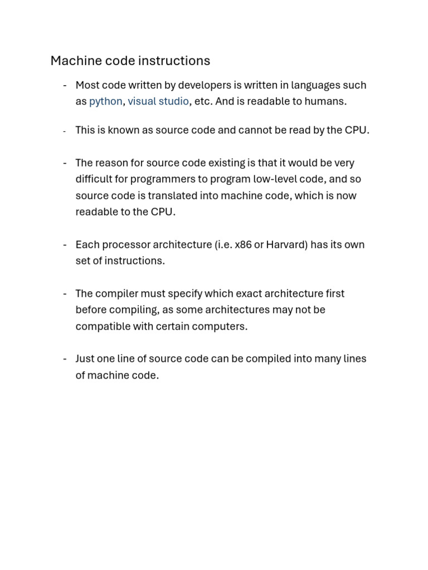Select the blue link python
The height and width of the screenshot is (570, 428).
pyautogui.click(x=105, y=101)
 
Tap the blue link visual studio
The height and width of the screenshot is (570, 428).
pyautogui.click(x=158, y=101)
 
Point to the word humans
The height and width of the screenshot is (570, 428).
pyautogui.click(x=327, y=101)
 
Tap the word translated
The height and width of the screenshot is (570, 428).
pyautogui.click(x=160, y=195)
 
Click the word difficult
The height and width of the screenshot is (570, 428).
pyautogui.click(x=94, y=179)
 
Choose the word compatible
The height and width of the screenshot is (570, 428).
pyautogui.click(x=102, y=326)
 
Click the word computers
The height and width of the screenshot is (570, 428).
pyautogui.click(x=222, y=326)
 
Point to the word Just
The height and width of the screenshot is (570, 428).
pyautogui.click(x=85, y=358)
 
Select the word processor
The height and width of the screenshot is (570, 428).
pyautogui.click(x=124, y=244)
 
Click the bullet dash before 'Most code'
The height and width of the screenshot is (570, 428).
pyautogui.click(x=65, y=85)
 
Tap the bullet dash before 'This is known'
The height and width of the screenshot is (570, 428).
pyautogui.click(x=65, y=131)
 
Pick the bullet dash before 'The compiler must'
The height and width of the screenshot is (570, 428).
pyautogui.click(x=65, y=293)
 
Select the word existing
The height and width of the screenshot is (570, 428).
pyautogui.click(x=212, y=163)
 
